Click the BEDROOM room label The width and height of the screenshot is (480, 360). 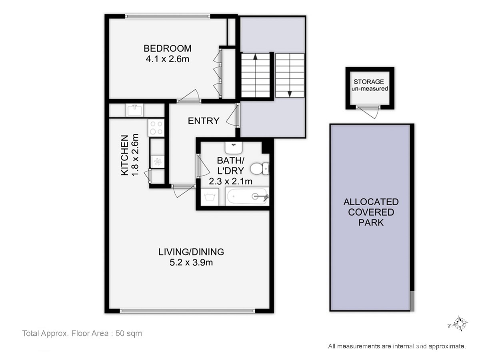(x=167, y=48)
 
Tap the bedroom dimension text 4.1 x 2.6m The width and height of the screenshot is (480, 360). (x=167, y=59)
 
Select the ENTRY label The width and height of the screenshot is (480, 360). (x=204, y=121)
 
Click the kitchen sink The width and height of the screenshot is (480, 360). (x=135, y=110)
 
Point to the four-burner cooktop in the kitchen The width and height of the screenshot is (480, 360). (x=156, y=128)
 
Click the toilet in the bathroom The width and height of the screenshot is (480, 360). (x=260, y=168)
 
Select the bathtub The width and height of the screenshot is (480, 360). (x=247, y=196)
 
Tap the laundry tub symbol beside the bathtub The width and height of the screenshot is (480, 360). (x=210, y=197)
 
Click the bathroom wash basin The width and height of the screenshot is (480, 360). (x=234, y=148)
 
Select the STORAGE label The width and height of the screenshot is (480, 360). (x=369, y=82)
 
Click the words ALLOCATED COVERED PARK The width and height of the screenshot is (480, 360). (x=371, y=212)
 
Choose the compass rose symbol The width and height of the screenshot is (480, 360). (x=460, y=323)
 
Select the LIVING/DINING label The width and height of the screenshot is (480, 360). (x=191, y=252)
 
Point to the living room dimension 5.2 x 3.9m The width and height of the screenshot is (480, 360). (x=191, y=262)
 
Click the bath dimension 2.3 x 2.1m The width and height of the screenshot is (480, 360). (x=230, y=181)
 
